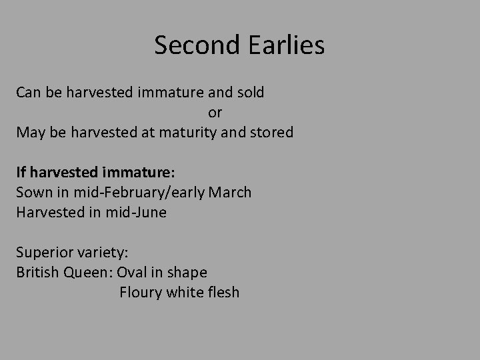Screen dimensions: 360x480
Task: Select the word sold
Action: [249, 93]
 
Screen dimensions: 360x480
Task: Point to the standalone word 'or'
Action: [215, 112]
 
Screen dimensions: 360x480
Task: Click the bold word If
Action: [21, 172]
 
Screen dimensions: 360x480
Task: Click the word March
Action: [230, 193]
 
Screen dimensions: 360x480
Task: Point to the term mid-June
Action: [138, 212]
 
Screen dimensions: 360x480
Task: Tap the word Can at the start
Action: [29, 93]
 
